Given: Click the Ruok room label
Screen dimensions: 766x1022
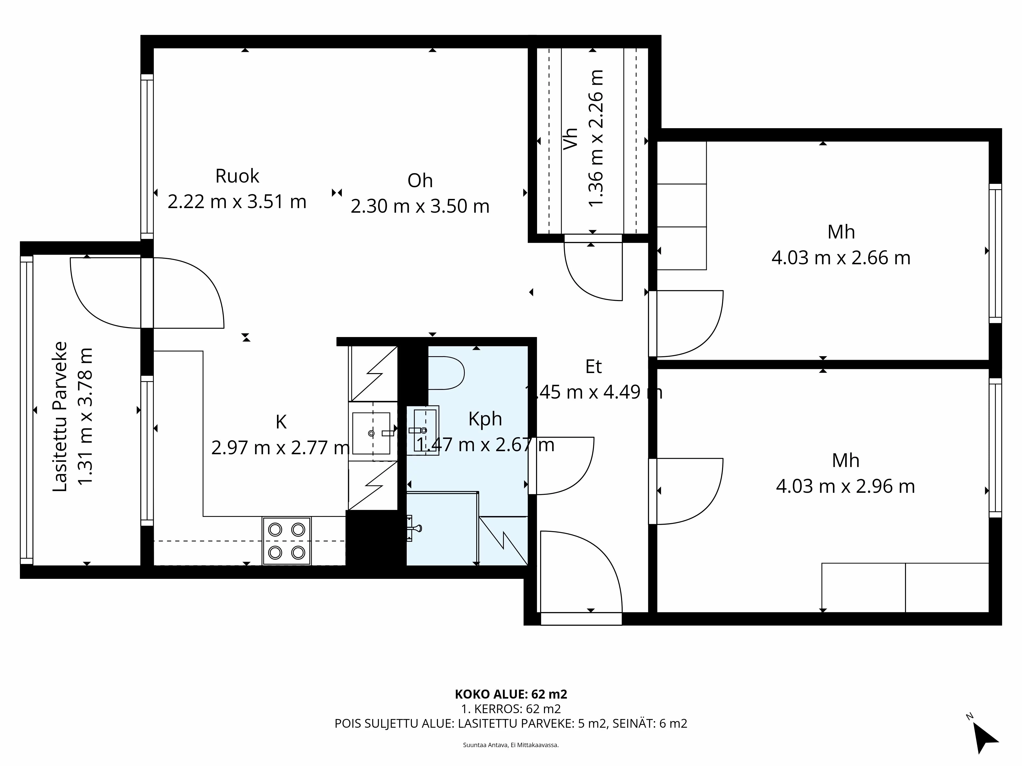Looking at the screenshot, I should [237, 176].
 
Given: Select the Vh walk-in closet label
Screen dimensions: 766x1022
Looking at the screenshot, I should [571, 138].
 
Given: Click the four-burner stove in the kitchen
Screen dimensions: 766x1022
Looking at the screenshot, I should [286, 541].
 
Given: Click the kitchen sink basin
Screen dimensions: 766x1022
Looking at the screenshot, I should [371, 433].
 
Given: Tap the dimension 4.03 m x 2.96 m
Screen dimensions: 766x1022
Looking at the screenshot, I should [845, 486].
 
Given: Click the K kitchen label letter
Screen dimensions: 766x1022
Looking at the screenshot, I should [281, 422].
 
